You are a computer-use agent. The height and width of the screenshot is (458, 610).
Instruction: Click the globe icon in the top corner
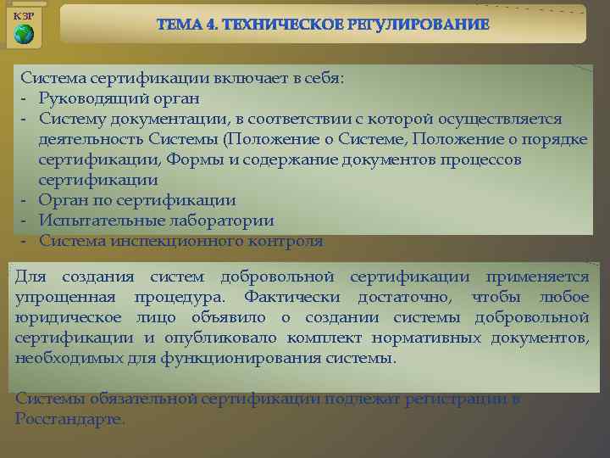point(25,34)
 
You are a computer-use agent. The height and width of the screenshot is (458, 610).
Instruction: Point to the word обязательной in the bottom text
point(136,399)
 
